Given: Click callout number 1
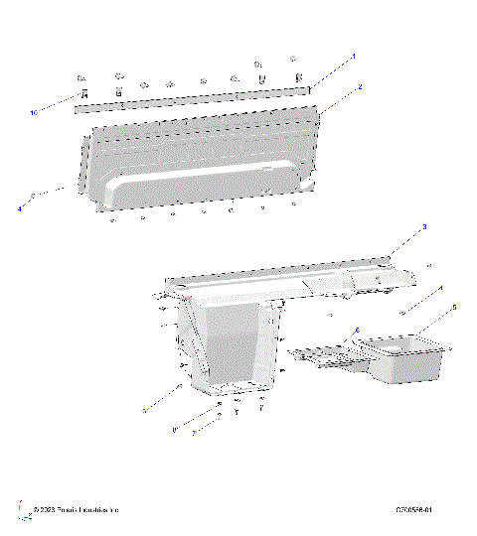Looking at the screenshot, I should [x=354, y=57].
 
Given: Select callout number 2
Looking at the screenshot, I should [x=360, y=87].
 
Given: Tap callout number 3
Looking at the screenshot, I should [x=424, y=227].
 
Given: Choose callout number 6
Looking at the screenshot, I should [x=358, y=329].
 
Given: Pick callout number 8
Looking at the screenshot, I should [x=174, y=429].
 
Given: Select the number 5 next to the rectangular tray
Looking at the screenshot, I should [x=454, y=307].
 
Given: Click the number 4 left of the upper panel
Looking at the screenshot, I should [x=19, y=209].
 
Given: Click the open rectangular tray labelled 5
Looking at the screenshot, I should [x=405, y=357].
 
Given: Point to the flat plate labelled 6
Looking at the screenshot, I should [x=323, y=354].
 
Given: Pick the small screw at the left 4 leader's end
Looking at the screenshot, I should [x=35, y=197].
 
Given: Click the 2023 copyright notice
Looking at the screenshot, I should [x=76, y=510].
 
